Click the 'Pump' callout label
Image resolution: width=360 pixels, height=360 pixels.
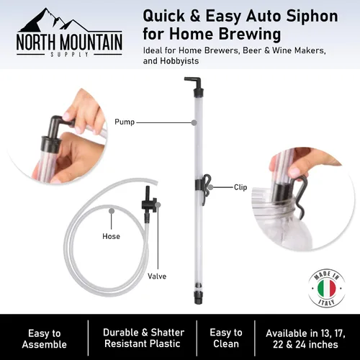point(125,122)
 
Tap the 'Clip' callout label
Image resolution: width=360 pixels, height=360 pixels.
point(240,187)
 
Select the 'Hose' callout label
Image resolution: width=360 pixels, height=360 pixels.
point(111,236)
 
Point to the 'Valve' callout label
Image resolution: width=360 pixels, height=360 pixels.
point(157,276)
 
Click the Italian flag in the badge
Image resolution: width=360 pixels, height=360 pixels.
point(326,289)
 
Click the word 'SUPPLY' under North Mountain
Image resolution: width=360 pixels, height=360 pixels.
point(70,55)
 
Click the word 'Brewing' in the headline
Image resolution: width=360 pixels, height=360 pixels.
point(250,34)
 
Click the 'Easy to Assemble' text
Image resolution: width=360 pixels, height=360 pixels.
point(45,339)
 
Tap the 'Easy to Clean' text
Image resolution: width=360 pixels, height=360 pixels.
point(226,338)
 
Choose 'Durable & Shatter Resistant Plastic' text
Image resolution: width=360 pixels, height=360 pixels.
point(143,338)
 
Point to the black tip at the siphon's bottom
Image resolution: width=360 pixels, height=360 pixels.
point(198,297)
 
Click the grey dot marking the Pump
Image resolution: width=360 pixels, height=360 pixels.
point(194,122)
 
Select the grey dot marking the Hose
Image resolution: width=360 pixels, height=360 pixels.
point(112,211)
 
